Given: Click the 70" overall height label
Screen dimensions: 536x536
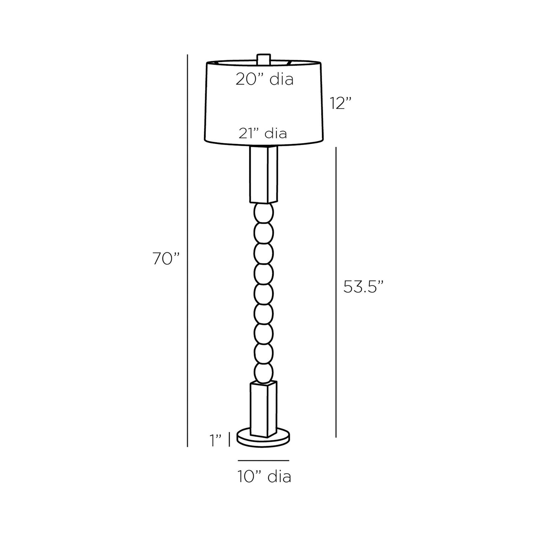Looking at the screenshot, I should [166, 259].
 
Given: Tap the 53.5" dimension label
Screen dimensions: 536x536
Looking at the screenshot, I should [363, 287].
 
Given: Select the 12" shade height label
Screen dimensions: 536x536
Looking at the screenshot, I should [341, 103].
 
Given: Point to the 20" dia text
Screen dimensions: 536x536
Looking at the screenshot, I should [264, 79].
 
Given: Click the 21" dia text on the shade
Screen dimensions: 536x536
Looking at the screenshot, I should [263, 133].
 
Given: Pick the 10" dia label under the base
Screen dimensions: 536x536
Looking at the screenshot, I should [264, 476].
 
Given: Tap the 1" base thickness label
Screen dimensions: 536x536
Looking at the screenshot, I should [216, 441].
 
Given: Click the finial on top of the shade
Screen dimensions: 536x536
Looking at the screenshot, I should [263, 59].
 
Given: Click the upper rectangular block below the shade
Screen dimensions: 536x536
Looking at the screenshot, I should [263, 174].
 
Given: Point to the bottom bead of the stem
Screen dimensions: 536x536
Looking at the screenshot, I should [264, 372].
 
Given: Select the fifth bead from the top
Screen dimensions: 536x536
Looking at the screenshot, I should [264, 293].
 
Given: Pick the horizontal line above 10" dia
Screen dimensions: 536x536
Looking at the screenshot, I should [263, 460].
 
